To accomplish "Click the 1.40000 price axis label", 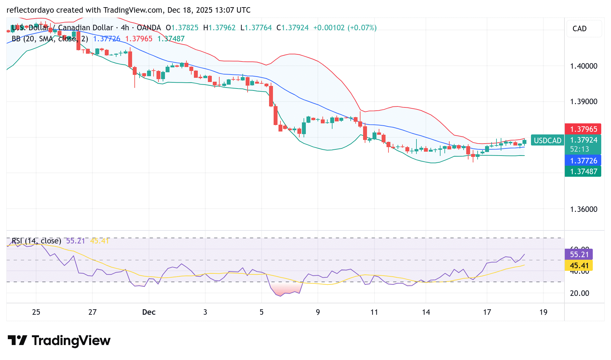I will pos(584,66).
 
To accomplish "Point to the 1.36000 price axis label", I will pos(584,209).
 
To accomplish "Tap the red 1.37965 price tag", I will pos(583,129).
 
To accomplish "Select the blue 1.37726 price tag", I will pos(583,161).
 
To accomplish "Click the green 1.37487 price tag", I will pos(583,172).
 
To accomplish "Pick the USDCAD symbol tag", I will pos(548,141).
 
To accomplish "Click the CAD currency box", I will pos(584,29).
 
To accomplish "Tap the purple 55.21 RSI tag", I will pos(579,255).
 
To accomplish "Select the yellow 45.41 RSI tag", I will pos(579,266).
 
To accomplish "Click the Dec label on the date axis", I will pos(149,312).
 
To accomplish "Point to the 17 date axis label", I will pos(487,312).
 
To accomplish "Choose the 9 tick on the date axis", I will pos(318,312).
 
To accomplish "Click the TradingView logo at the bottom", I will pos(59,341).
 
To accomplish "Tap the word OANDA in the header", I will pos(149,28).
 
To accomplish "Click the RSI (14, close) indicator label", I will pos(36,241).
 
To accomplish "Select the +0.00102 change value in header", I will pos(329,28).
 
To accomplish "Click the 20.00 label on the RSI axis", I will pos(579,293).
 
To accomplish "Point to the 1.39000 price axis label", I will pos(584,102).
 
